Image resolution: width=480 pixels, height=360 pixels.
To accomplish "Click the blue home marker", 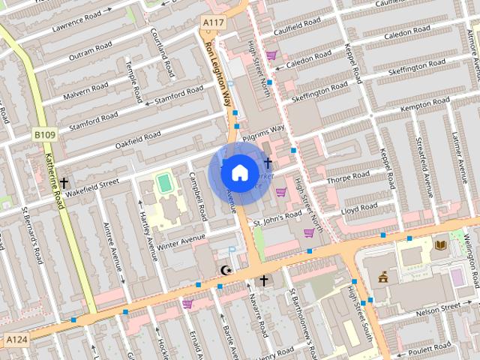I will point(238,172).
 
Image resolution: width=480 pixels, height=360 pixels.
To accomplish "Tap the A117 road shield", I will point(213,24).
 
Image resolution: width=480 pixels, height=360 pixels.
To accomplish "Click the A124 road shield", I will point(16,340).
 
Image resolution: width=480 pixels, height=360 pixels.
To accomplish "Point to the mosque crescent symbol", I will point(223,269).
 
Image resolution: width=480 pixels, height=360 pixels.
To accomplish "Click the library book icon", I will point(441,244).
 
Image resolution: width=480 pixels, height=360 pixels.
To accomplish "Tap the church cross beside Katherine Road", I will point(64,183).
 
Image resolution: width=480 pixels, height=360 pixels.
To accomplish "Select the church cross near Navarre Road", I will point(263,281).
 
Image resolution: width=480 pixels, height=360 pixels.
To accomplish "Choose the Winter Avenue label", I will point(181,241).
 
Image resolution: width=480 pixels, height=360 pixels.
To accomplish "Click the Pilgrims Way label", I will point(263,131).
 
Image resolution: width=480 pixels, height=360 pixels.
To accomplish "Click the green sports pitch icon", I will point(163,182).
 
